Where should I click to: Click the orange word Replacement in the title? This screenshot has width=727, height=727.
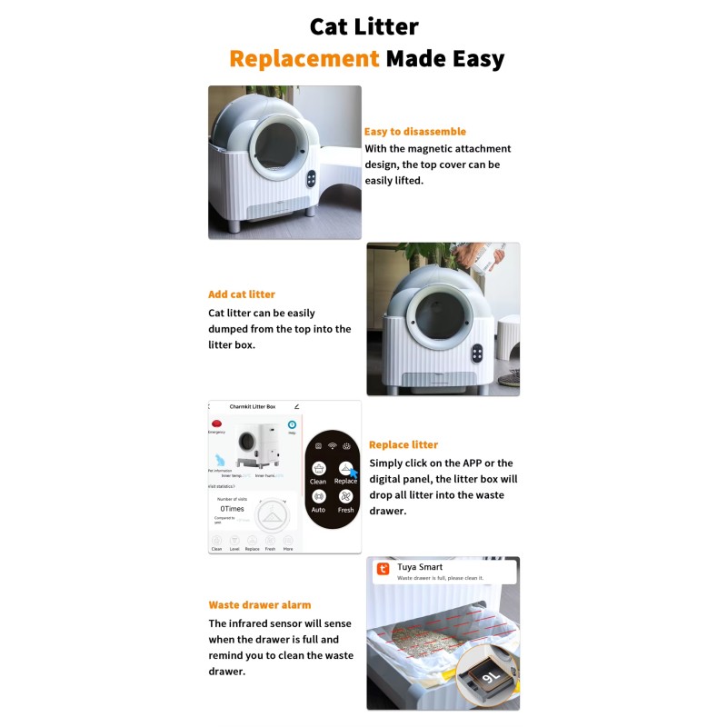point(304,59)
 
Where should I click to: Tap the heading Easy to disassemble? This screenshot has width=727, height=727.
point(414,132)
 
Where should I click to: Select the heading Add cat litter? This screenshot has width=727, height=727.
point(242,294)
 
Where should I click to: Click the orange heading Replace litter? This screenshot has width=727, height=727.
point(403,444)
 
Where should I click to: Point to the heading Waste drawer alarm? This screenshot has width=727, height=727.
point(259,604)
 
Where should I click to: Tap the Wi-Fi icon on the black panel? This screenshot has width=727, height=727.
point(333,445)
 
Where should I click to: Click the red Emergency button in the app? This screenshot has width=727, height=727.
point(216,424)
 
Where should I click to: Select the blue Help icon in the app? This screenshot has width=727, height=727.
point(293,425)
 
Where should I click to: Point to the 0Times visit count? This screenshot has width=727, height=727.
point(232,509)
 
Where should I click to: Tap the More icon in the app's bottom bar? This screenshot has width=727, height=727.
point(288,542)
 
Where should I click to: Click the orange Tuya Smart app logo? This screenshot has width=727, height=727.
point(383,570)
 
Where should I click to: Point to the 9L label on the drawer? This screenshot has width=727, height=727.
point(490,676)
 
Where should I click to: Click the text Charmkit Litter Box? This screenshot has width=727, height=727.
point(252,407)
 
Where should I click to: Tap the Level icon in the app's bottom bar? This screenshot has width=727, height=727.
point(234,542)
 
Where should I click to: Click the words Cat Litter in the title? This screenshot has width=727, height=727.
point(363,25)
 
